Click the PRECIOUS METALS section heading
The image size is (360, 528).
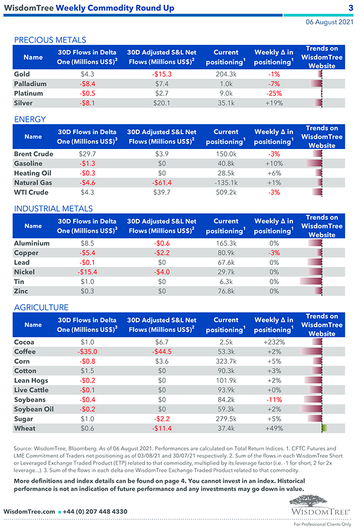pos(50,40)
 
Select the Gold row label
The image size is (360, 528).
pos(22,74)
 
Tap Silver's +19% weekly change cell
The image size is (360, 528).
pos(274,103)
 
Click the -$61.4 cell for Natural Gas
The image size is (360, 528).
pos(162,183)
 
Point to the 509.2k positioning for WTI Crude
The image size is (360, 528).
pos(226,192)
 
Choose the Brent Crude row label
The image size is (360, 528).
pos(34,154)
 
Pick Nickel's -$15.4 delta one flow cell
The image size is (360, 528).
pos(88,272)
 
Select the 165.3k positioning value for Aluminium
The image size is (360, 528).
pos(226,243)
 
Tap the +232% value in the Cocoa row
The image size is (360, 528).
pos(274,342)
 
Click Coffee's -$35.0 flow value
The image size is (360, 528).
pos(88,352)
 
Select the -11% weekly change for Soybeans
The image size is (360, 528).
pos(274,400)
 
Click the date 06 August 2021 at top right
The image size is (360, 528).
pos(330,22)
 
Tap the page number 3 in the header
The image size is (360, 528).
pos(351,8)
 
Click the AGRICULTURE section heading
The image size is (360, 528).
pos(42,307)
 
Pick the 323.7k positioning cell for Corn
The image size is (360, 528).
pos(226,361)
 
